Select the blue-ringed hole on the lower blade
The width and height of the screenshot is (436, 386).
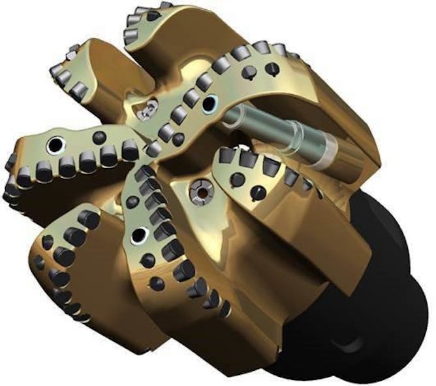(x=137, y=236)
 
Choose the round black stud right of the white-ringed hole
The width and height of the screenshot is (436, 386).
(x=99, y=137)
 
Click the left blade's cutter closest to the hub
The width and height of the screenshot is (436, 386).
(x=131, y=152)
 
